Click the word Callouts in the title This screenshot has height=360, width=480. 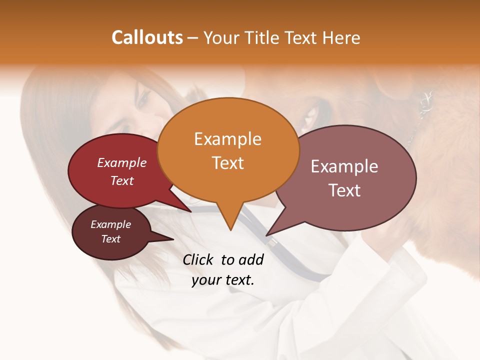(x=147, y=37)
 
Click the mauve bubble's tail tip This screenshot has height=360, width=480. (x=266, y=235)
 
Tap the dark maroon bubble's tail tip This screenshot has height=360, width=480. (x=173, y=239)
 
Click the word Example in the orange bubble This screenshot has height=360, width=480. (x=227, y=138)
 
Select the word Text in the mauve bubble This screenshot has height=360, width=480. (x=344, y=190)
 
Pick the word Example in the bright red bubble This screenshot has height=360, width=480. (x=122, y=162)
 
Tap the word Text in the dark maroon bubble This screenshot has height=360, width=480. (x=110, y=239)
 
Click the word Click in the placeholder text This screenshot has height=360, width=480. (x=198, y=259)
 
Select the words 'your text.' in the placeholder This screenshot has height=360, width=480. (x=223, y=280)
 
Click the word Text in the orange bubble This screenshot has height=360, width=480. (x=228, y=162)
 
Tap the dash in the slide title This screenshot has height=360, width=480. (x=193, y=38)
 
